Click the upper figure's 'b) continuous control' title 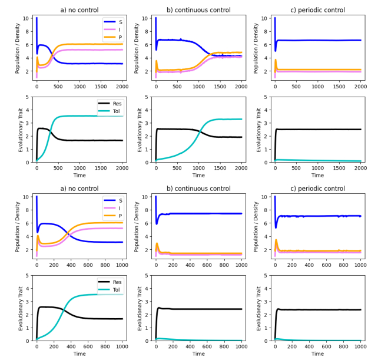198,10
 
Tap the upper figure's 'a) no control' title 79,10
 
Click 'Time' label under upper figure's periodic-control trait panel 317,175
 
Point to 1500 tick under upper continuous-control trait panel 219,167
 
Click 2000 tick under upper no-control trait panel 121,167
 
